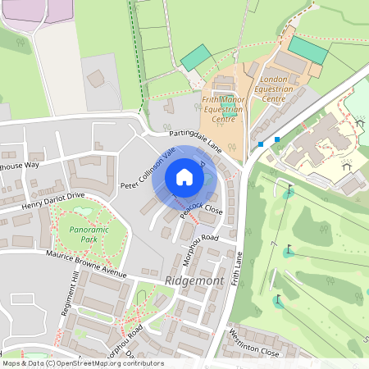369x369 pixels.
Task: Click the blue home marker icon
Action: [x=184, y=177]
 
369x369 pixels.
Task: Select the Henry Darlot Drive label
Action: [x=53, y=201]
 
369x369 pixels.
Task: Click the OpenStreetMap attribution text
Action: [x=82, y=362]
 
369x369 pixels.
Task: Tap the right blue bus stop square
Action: [x=277, y=139]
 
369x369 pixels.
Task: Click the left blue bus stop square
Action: [x=261, y=144]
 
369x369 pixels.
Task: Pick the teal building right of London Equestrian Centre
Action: [x=308, y=48]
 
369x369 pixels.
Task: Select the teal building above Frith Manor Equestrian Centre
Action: [x=195, y=57]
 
